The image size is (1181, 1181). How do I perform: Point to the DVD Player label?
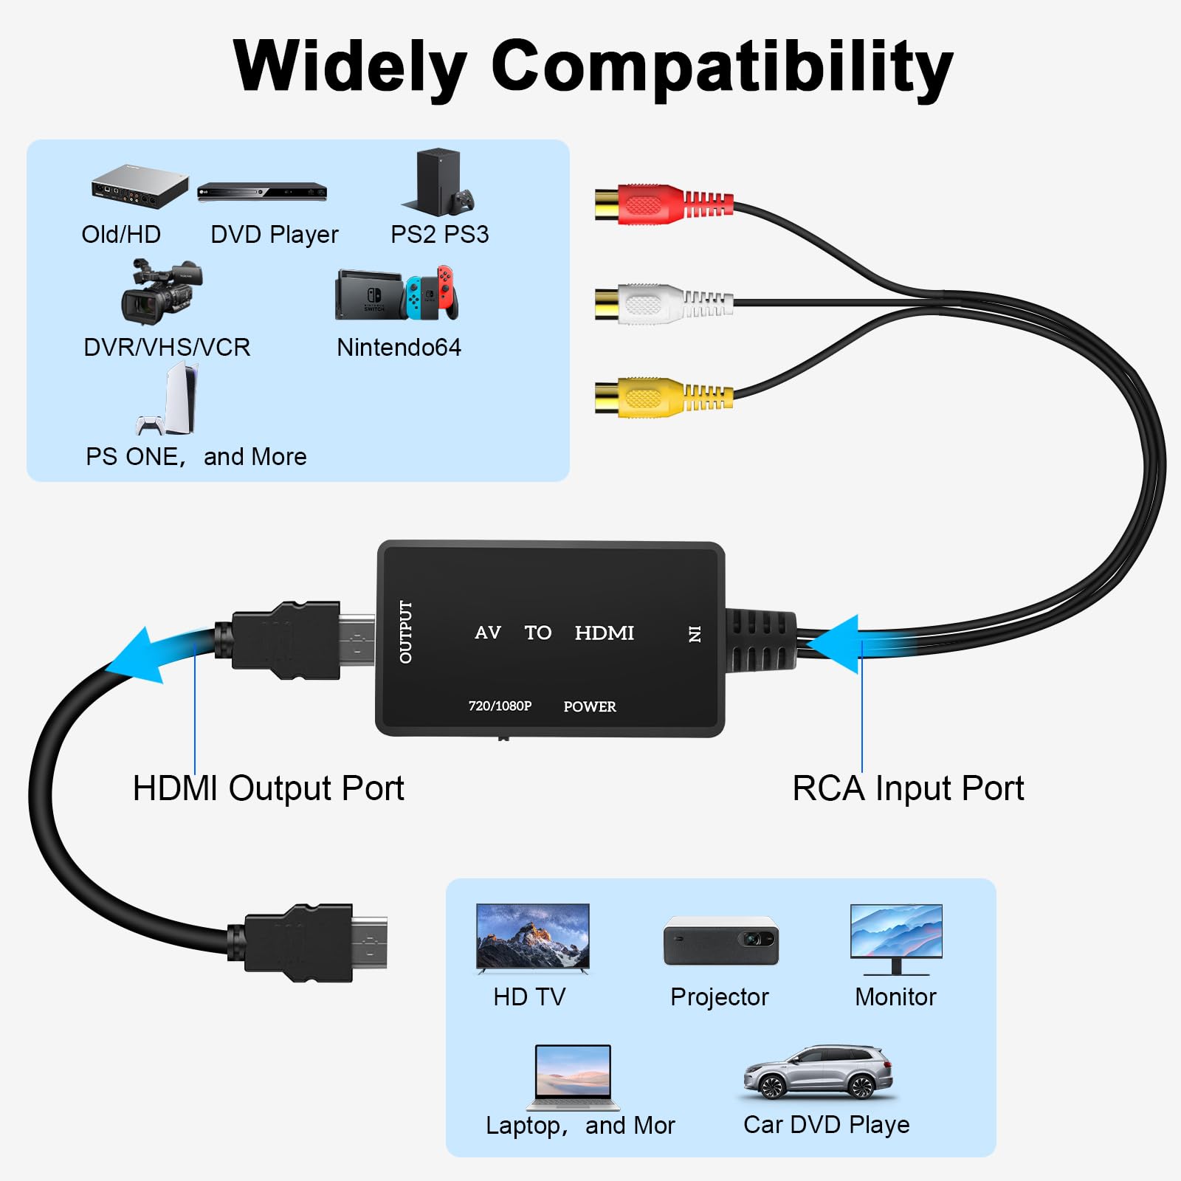coord(274,235)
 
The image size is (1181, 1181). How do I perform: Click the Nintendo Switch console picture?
coord(396,294)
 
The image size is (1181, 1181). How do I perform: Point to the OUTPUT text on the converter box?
coord(406,632)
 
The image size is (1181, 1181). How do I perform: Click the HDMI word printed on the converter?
coord(604,633)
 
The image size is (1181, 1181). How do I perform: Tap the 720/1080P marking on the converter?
coord(500,706)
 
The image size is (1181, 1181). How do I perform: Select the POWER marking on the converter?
coord(589,707)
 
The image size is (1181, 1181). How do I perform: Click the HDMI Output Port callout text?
coord(268,788)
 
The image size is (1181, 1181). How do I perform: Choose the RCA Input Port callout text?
coord(907,788)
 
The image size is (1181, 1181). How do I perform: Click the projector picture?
coord(720,940)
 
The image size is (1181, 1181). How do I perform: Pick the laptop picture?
coord(574,1077)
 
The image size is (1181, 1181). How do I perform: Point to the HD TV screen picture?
coord(532,936)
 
